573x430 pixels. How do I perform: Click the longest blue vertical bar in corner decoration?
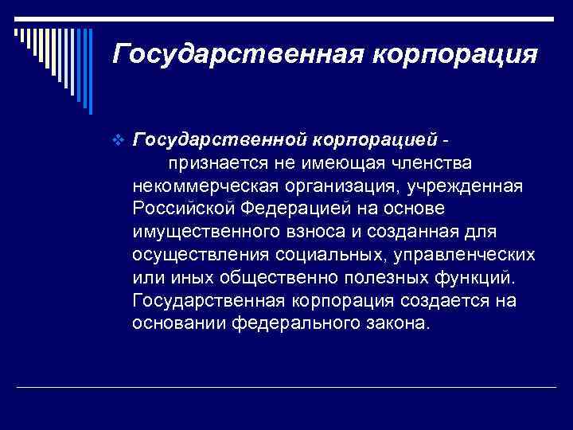pyautogui.click(x=91, y=72)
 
